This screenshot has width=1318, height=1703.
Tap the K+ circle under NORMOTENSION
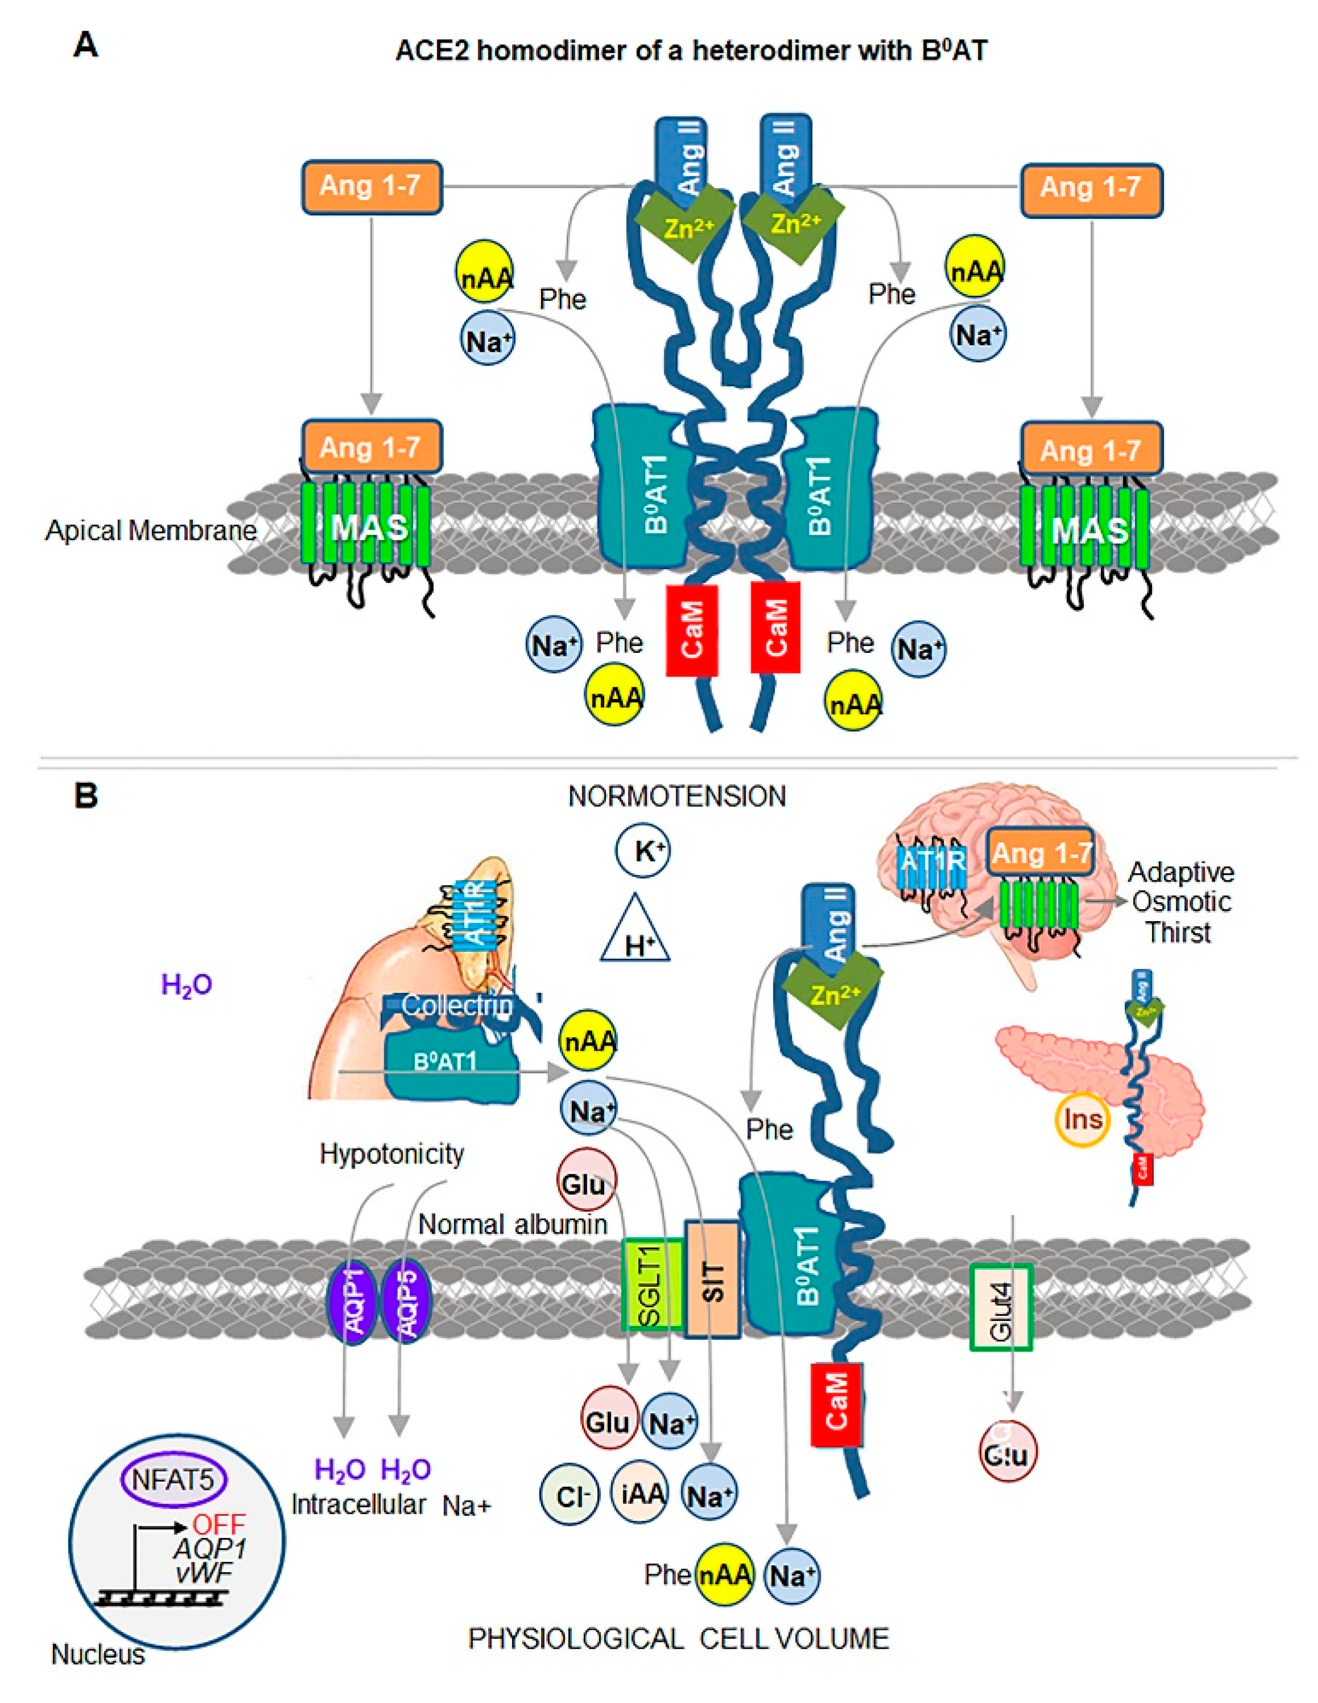pos(642,851)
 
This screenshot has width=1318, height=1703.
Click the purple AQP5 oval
pos(406,1300)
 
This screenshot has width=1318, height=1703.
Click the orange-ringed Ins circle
pos(1083,1120)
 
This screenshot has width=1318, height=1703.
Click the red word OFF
pos(219,1524)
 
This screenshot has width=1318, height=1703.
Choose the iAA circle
pos(639,1493)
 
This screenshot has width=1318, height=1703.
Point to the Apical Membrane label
pos(151,531)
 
